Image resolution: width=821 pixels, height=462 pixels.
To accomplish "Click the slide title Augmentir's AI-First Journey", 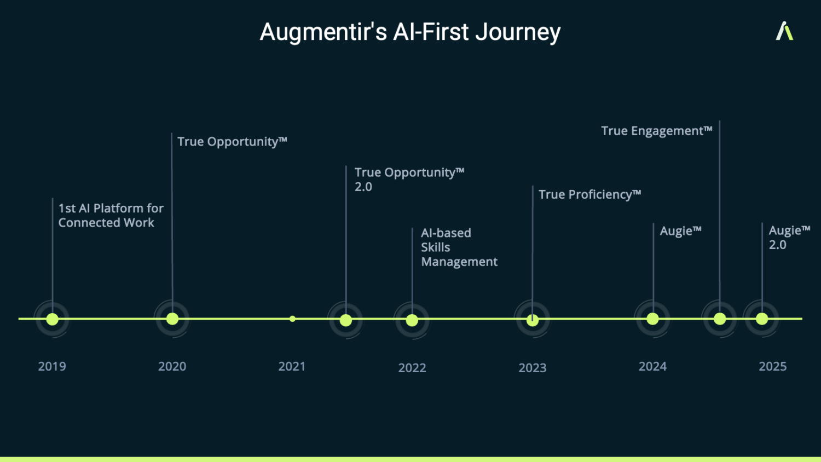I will [410, 32].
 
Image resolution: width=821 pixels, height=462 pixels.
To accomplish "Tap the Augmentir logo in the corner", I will [784, 31].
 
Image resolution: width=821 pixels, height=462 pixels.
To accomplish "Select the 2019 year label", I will [52, 366].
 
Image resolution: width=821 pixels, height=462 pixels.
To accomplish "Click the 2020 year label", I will [172, 366].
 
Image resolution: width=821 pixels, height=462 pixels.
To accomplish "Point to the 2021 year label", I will [292, 366].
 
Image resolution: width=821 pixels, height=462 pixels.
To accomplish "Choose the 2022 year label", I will [412, 368].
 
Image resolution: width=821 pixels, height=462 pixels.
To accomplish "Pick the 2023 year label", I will [532, 368].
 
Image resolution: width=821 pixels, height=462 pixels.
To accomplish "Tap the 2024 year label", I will [652, 366].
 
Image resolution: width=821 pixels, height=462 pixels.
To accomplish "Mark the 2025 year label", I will [772, 366].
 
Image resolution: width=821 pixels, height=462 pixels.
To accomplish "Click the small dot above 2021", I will [292, 319].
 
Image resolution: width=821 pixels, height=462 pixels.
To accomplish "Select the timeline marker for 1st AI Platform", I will [53, 319].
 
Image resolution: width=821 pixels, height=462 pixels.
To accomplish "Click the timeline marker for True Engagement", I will [720, 319].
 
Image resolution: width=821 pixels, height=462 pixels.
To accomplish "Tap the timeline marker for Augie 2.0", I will [762, 319].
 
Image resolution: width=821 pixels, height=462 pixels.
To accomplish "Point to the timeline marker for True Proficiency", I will [533, 320].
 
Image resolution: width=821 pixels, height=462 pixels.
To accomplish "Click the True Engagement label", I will [656, 131].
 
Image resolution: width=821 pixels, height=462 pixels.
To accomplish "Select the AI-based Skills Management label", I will [459, 247].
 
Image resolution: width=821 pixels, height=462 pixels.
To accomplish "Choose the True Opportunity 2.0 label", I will [409, 180].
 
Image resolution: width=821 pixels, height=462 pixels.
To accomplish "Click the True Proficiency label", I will [589, 194].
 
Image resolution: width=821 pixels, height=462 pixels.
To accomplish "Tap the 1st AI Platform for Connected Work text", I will [111, 215].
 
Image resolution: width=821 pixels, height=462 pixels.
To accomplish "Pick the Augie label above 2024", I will [680, 230].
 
